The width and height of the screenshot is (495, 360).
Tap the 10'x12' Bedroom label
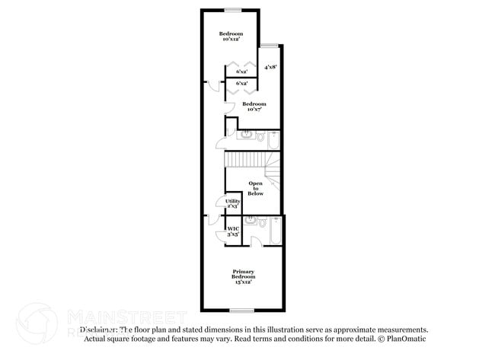(x=231, y=36)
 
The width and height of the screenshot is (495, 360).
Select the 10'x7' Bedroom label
(x=254, y=107)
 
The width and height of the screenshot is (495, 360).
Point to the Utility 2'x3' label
(x=232, y=203)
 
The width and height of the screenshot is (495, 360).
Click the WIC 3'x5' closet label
(x=233, y=231)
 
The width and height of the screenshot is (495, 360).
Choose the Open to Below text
(x=255, y=189)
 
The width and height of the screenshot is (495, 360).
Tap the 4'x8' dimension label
(x=270, y=67)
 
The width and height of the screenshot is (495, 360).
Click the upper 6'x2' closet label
(x=241, y=72)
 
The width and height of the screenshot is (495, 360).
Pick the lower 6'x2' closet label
(x=241, y=83)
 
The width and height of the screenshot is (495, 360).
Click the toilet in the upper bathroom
(x=260, y=138)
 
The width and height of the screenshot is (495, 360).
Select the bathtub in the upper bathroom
(x=274, y=139)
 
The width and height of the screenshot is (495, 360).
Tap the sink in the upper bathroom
(x=246, y=135)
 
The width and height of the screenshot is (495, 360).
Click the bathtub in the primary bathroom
(x=276, y=232)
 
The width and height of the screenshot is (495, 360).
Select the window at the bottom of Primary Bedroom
(x=242, y=310)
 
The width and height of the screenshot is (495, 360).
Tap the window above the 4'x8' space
(x=270, y=45)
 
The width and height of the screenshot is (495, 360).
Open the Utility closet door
(x=221, y=202)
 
